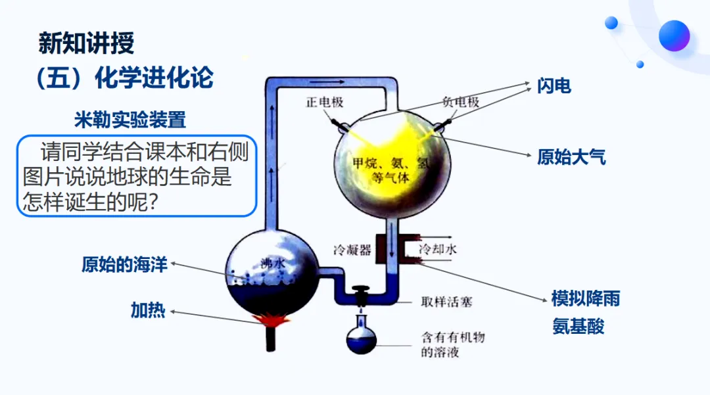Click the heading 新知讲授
tap(86, 44)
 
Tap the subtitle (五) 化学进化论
tap(125, 78)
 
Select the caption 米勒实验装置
tap(130, 120)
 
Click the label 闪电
tap(554, 85)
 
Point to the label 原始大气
tap(571, 157)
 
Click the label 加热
tap(148, 310)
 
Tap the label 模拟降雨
tap(585, 299)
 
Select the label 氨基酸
tap(578, 327)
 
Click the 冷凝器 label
tap(352, 249)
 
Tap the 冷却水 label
tap(438, 249)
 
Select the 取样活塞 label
tap(446, 303)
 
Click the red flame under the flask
tap(269, 321)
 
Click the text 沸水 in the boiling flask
tap(272, 262)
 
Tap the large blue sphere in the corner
tap(674, 35)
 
